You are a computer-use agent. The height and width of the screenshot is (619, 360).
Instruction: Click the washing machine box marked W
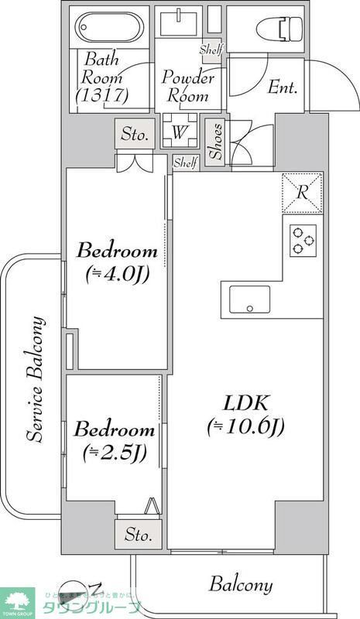click(179, 132)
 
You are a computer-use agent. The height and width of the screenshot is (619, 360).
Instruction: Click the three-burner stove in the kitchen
click(303, 241)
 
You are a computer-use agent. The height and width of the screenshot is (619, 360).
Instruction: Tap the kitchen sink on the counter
click(249, 299)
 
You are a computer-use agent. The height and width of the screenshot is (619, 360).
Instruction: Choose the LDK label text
click(245, 404)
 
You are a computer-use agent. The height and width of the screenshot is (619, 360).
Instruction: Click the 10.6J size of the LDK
click(245, 426)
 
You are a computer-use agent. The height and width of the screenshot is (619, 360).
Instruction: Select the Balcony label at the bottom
click(241, 585)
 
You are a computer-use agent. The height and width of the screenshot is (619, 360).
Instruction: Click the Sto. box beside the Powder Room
click(134, 135)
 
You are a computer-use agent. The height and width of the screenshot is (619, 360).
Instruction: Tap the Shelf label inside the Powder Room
click(210, 50)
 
